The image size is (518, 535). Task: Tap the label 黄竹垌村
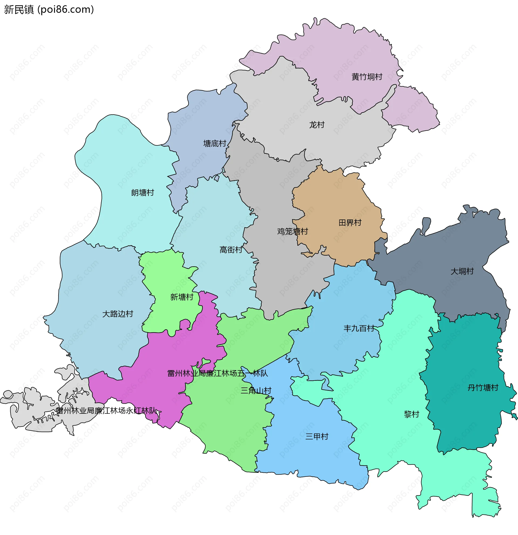367,77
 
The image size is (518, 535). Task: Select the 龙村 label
317,125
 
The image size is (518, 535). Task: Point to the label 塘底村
215,143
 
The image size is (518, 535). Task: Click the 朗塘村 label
142,193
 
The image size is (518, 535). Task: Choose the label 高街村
231,250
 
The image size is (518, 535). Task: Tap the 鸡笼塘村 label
292,231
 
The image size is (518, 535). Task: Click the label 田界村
350,223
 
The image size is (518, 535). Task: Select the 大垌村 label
462,271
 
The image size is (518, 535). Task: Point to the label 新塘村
182,297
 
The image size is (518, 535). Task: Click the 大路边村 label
118,314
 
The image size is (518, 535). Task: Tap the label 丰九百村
359,328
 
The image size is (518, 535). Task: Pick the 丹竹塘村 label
483,387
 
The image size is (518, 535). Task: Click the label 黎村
411,414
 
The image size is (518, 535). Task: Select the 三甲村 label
317,437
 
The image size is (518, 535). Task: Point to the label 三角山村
256,391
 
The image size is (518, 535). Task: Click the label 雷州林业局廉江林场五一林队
218,373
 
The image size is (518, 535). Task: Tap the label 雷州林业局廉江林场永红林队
106,410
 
